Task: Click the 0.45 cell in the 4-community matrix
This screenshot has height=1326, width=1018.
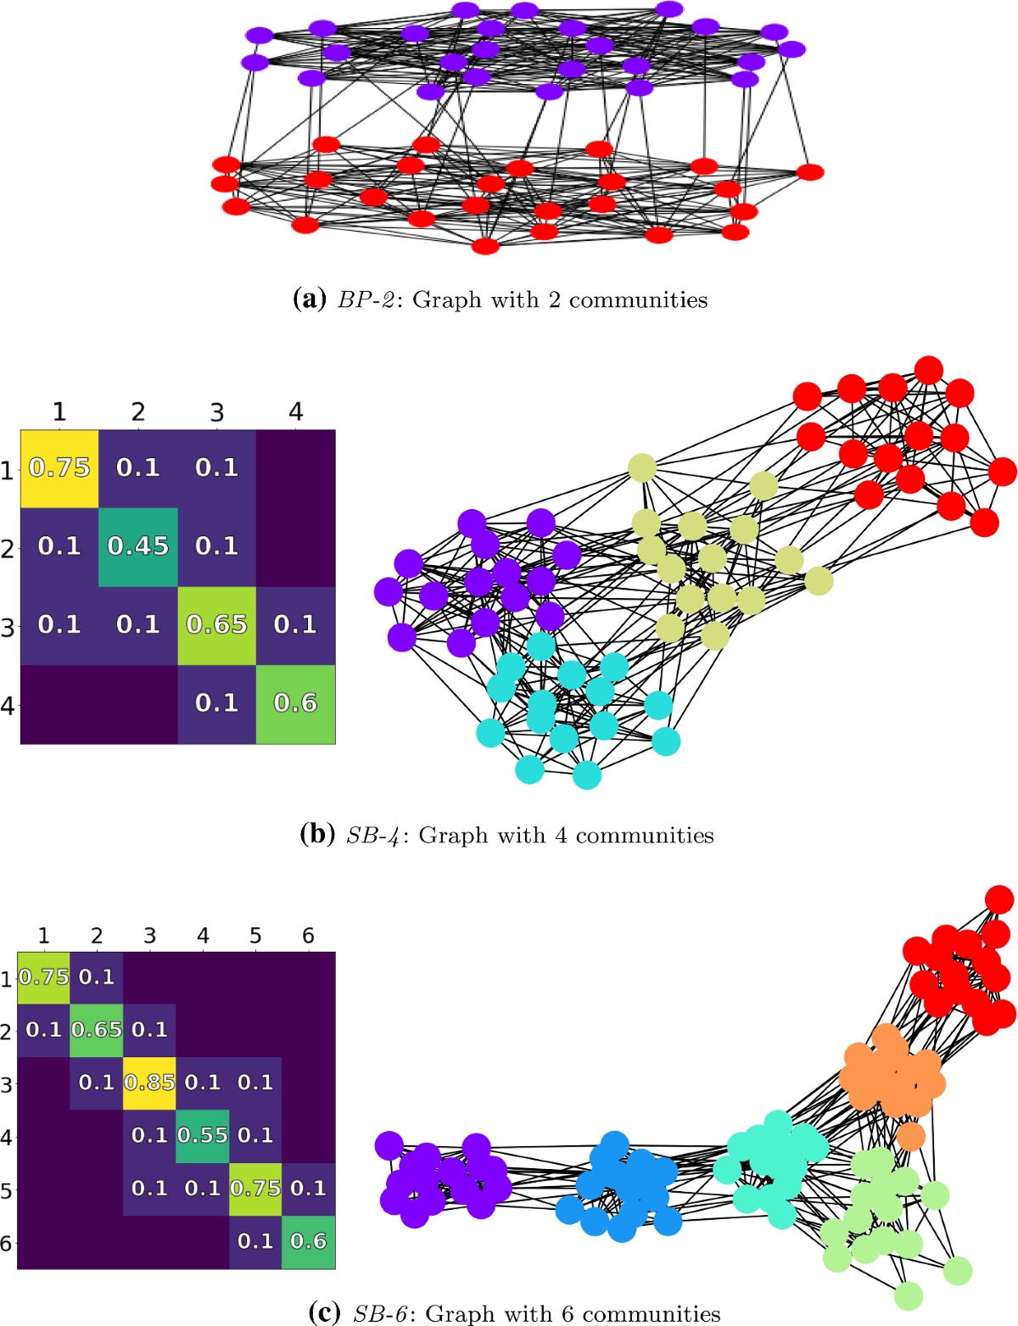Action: point(138,546)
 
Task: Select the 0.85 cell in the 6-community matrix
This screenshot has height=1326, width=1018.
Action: point(149,1083)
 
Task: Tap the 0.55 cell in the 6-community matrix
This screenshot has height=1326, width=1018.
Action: point(203,1135)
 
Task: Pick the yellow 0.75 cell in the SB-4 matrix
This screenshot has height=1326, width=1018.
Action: point(59,467)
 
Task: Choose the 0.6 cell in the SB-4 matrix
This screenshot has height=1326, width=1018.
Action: point(295,703)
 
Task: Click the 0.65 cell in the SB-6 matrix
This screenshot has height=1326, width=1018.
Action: point(97,1030)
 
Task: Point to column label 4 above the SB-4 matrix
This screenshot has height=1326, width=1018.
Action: point(295,412)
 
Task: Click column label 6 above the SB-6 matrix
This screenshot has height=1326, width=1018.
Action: point(308,936)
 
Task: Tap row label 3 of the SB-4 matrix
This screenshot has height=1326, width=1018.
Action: point(8,627)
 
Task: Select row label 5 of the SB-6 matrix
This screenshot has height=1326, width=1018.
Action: point(7,1190)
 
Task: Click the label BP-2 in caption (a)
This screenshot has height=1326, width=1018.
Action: point(366,300)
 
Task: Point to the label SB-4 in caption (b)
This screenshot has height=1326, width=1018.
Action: point(373,836)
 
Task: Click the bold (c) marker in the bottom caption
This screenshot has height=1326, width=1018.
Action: point(326,1313)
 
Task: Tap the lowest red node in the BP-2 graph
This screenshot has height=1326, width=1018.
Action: point(485,246)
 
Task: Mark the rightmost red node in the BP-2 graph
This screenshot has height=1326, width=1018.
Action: point(810,172)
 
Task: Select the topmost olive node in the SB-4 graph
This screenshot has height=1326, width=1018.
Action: point(642,467)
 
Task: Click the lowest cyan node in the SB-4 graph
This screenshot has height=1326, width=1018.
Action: point(587,775)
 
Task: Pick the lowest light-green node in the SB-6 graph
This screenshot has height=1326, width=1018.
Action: point(909,1295)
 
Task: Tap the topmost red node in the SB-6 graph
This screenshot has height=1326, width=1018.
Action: point(999,899)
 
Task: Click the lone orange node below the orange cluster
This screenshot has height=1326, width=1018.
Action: point(910,1136)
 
